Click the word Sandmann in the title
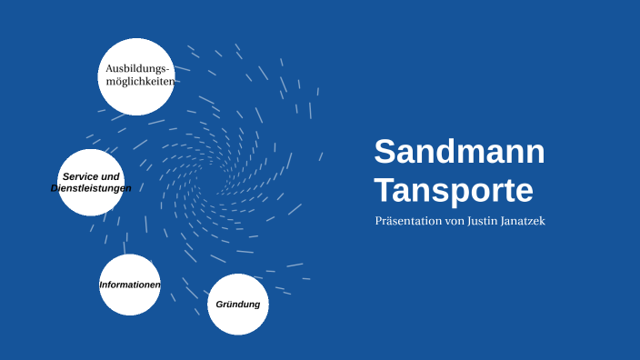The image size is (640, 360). [459, 152]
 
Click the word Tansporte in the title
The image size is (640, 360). [453, 191]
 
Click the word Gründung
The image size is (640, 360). [238, 305]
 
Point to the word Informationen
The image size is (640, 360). [130, 285]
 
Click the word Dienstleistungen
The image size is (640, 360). [91, 188]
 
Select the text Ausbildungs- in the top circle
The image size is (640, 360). [137, 68]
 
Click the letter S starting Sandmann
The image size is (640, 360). [384, 152]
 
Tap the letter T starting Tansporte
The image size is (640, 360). [384, 191]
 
